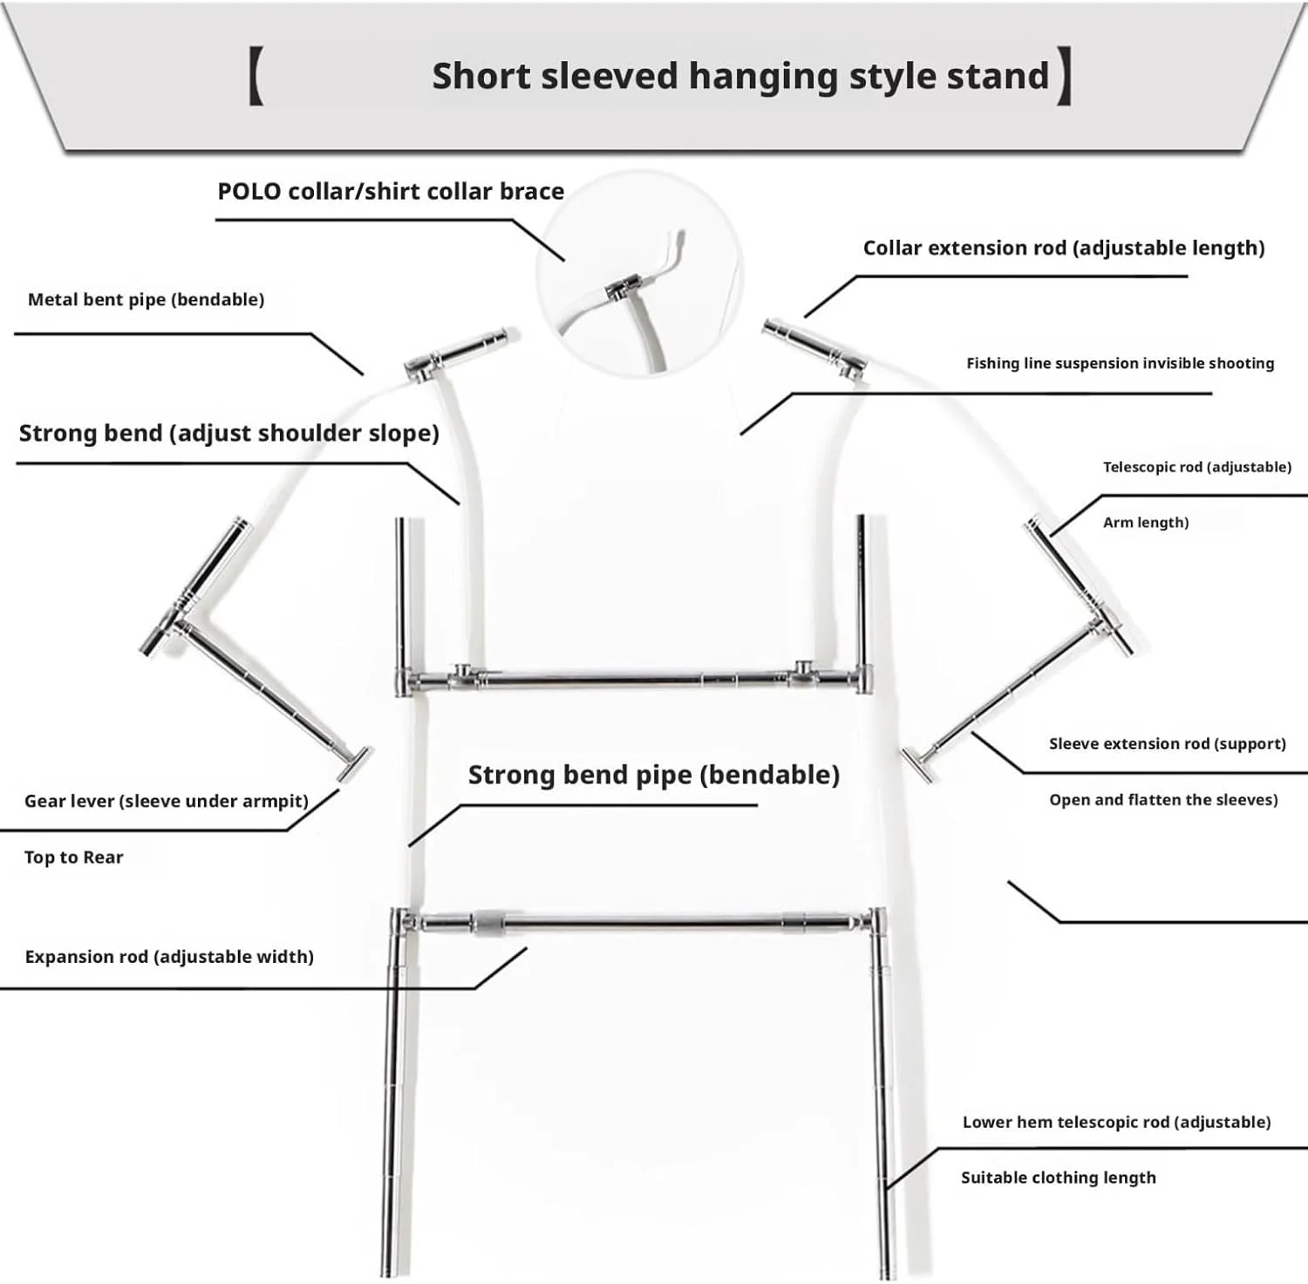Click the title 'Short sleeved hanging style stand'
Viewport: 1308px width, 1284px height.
pos(739,76)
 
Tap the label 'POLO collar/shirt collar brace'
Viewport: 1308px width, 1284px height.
pos(391,191)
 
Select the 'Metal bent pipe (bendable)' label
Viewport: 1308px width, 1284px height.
pos(146,299)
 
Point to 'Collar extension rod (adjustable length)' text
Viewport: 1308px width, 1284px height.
pos(1063,248)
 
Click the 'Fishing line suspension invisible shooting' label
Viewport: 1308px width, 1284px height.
pos(1120,363)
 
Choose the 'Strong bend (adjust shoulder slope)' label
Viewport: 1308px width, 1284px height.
pos(228,433)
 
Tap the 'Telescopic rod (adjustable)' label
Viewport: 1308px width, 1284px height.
pos(1196,467)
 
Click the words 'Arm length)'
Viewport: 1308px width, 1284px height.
pos(1145,522)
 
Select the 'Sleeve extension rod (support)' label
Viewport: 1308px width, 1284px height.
pos(1167,743)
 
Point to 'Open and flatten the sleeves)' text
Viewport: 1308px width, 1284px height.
pos(1162,799)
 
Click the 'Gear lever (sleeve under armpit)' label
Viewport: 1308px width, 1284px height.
pos(166,801)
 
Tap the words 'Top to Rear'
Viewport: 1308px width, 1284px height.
pos(73,857)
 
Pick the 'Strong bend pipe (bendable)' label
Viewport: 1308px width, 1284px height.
pos(653,775)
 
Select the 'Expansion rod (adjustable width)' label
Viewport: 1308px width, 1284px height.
pos(169,956)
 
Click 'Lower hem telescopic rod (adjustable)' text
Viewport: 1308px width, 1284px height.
pos(1116,1122)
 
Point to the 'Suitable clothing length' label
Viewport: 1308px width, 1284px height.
pos(1058,1178)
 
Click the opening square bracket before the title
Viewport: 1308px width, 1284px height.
pos(255,77)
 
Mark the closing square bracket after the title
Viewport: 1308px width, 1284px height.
pos(1064,77)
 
